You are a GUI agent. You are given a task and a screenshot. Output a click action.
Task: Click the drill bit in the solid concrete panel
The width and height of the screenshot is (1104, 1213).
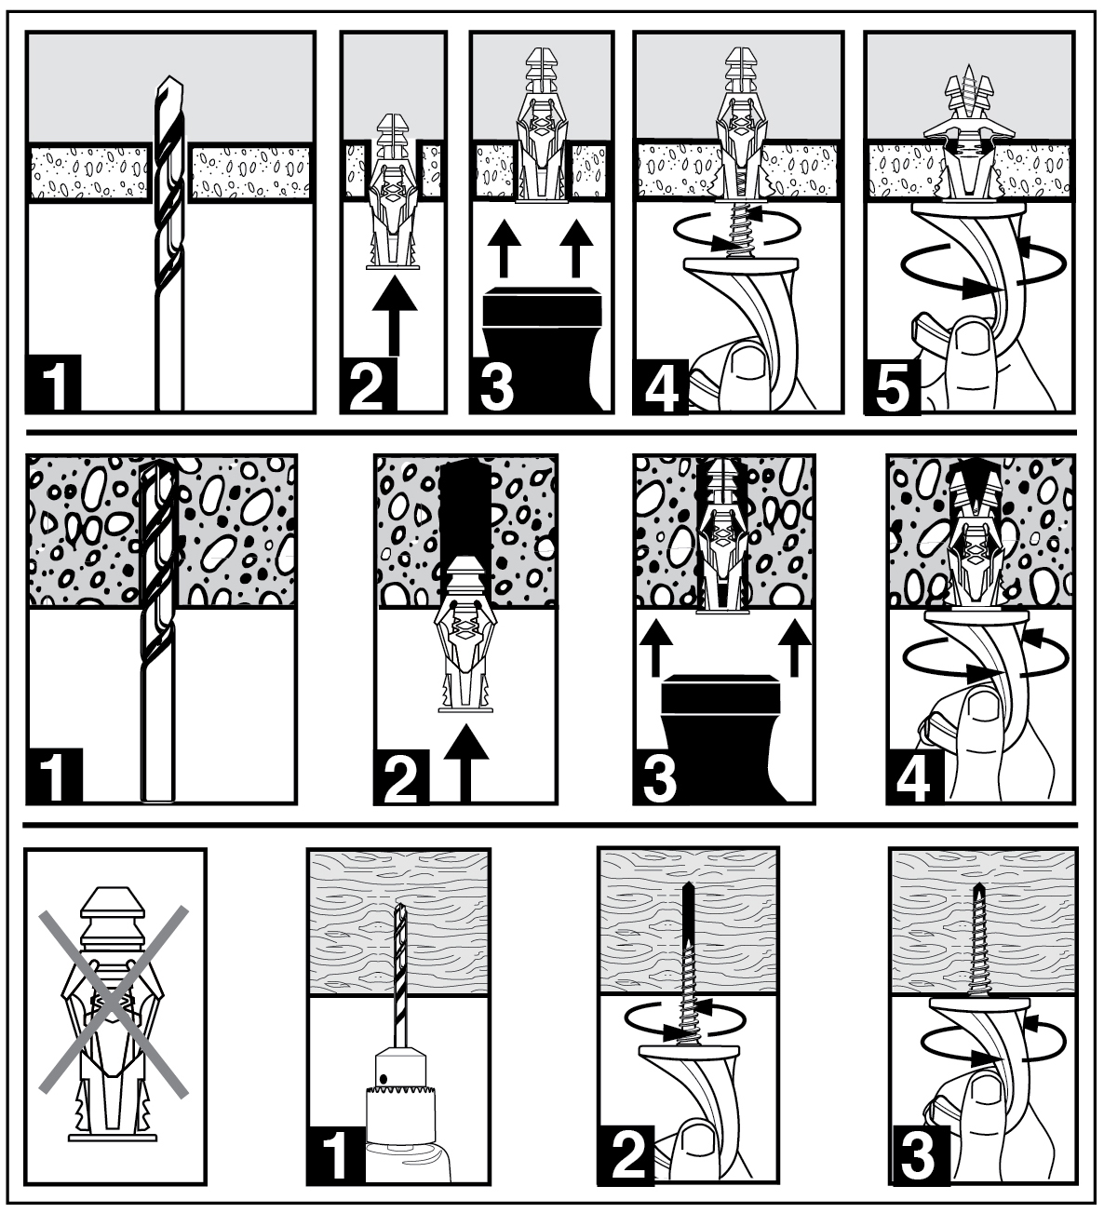click(x=158, y=632)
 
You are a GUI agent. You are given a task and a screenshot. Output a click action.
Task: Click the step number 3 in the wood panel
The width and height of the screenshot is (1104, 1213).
click(x=917, y=1156)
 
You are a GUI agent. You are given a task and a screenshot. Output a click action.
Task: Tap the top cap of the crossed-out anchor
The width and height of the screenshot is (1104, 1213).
click(x=114, y=902)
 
